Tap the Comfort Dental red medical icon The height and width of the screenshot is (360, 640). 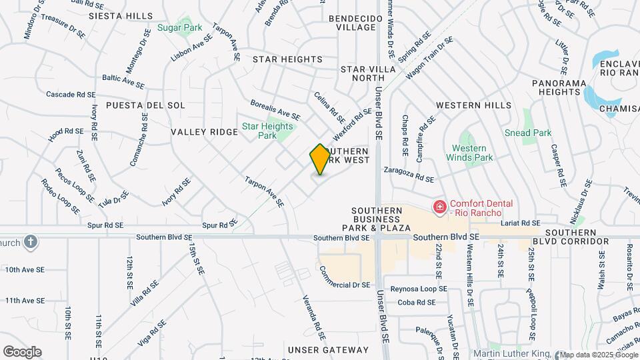pos(439,208)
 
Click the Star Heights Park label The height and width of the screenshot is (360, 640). pos(268,131)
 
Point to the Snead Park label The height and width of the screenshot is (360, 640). pos(528,133)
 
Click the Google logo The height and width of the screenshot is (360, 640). pos(22,352)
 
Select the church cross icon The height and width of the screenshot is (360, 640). pos(30,241)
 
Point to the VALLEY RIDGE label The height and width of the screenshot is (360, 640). pos(204,132)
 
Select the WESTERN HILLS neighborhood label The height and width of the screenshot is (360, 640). pos(473,105)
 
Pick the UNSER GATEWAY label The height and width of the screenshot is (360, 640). pos(323,349)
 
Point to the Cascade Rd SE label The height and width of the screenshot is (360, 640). pos(71,95)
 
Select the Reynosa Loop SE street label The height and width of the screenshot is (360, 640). pos(418,289)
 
